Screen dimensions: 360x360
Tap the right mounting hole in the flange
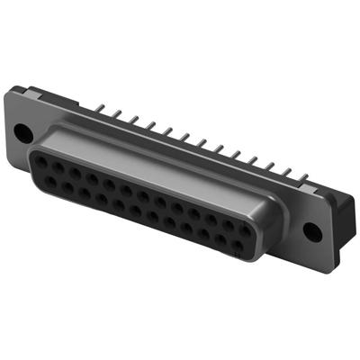pos(311,230)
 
